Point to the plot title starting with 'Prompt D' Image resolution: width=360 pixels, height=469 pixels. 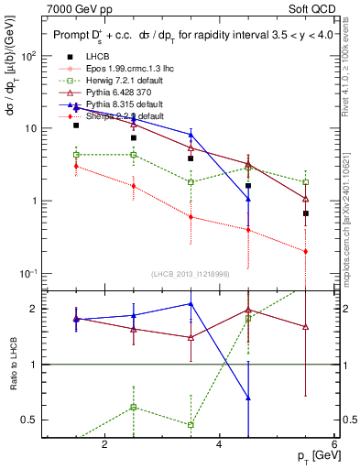[x=192, y=36]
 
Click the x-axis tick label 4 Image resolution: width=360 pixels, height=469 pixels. [x=219, y=444]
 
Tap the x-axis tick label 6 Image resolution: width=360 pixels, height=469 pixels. [x=333, y=444]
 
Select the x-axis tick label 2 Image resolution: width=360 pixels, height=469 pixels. [x=104, y=444]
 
